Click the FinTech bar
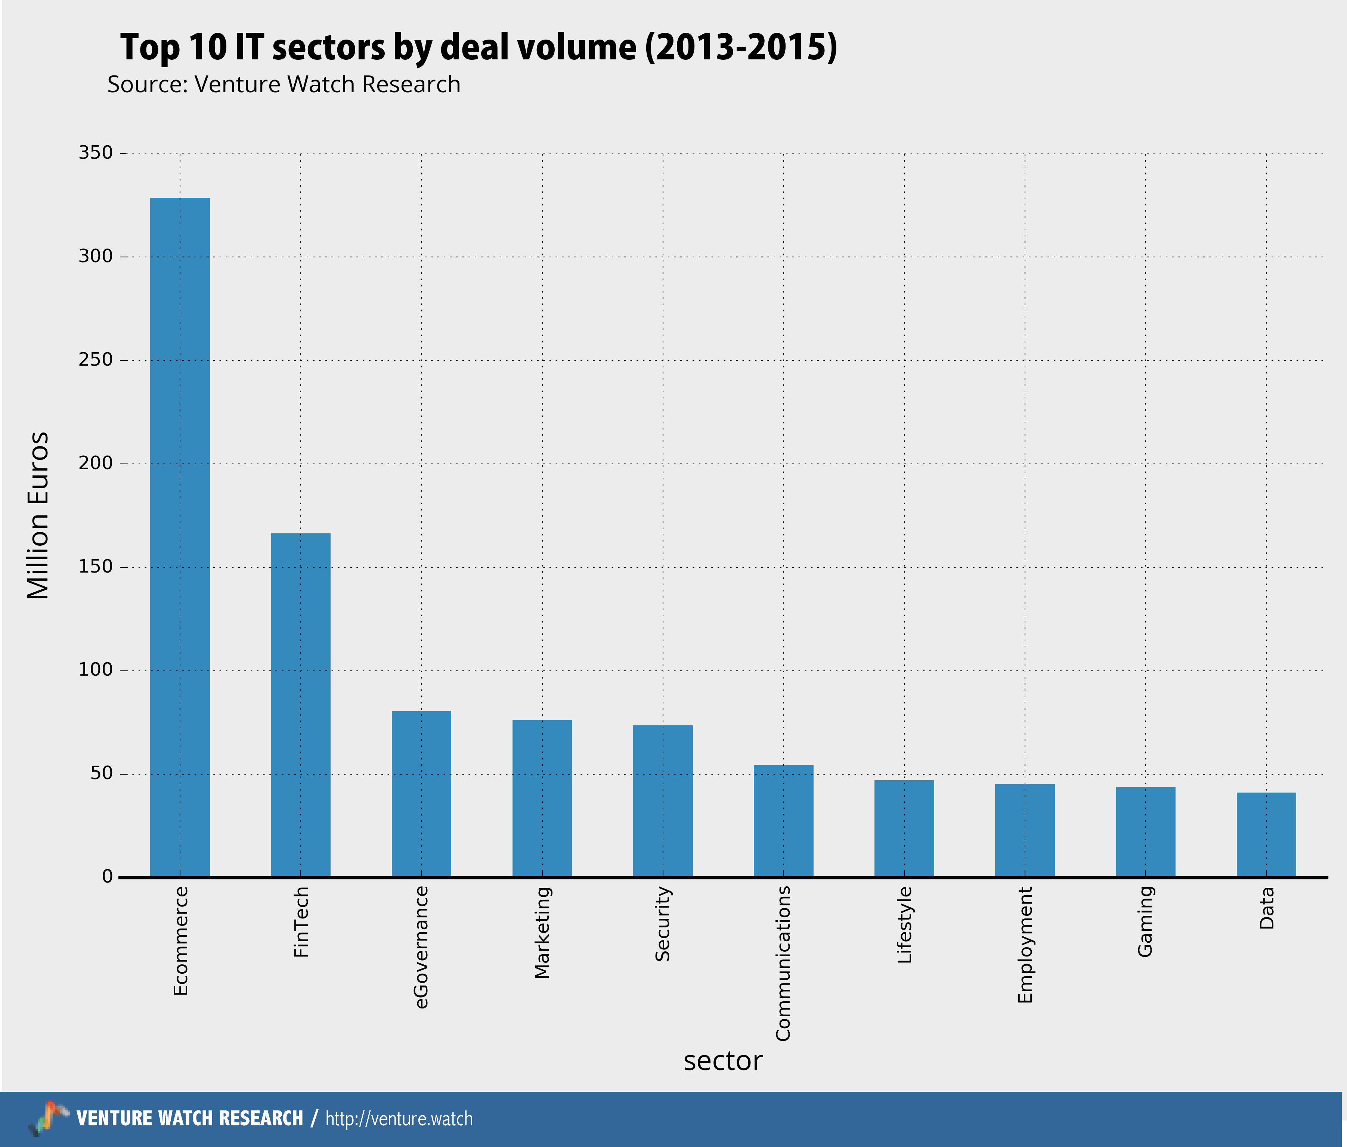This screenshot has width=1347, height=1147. pos(300,705)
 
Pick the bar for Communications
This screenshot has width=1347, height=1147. pos(783,821)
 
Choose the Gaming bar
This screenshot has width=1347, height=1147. pos(1145,832)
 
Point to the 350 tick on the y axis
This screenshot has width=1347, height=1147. pos(96,153)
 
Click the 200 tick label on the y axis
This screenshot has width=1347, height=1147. pos(96,464)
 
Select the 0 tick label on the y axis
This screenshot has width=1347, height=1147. pos(107,877)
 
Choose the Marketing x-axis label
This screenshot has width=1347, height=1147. pos(542,933)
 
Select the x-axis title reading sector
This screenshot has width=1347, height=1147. pos(722,1061)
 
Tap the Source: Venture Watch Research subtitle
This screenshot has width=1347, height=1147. pos(284,84)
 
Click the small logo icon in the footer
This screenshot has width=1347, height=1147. pos(48,1118)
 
